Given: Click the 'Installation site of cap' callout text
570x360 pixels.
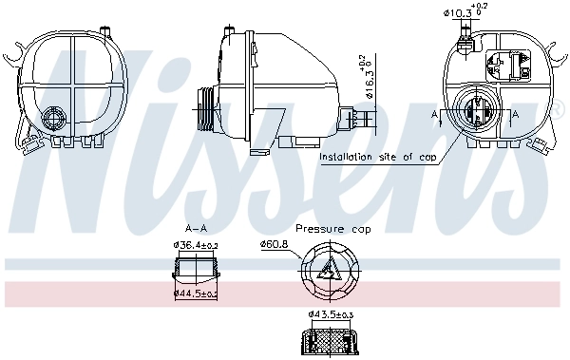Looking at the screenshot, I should click(378, 157).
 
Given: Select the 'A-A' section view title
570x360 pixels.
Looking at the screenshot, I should click(196, 229).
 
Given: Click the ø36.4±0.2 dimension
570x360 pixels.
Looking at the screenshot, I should click(196, 245).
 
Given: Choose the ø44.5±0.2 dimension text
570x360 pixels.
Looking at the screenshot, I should click(196, 293).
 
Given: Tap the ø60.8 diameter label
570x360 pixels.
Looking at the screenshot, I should click(275, 244).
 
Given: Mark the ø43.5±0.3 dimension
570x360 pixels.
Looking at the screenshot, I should click(330, 314).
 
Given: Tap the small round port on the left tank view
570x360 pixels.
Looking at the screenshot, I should click(53, 119).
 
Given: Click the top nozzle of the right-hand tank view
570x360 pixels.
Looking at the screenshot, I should click(465, 36).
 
